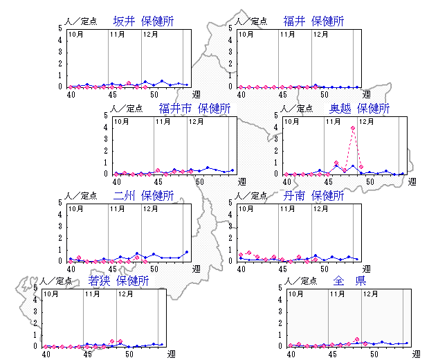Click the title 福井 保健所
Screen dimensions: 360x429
coord(313,21)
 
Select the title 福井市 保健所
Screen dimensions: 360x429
coord(194,109)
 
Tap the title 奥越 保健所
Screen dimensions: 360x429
coord(359,109)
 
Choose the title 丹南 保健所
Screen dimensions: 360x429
coord(313,196)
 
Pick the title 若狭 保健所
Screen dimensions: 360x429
coord(118,281)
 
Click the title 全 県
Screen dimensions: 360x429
coord(349,281)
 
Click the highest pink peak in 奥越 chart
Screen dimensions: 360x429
coord(353,128)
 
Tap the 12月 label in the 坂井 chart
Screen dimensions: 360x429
coord(152,34)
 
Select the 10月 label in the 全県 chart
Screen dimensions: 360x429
coord(295,294)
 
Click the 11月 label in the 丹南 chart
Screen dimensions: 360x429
coord(288,208)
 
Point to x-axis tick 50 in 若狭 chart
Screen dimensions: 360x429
coord(129,354)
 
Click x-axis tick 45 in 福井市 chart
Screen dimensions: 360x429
coord(157,181)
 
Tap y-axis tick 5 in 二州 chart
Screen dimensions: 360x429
coord(61,203)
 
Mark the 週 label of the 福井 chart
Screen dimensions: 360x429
coord(367,94)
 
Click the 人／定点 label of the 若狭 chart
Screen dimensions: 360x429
coord(57,282)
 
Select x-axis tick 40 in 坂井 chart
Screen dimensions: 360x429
coord(69,94)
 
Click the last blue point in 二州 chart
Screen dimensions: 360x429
coord(187,252)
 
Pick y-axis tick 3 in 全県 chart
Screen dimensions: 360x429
coord(280,312)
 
